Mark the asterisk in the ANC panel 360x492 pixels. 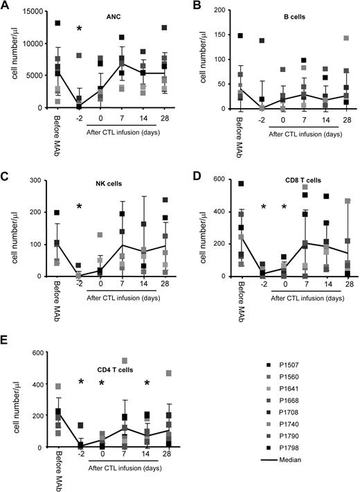pyautogui.click(x=80, y=29)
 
